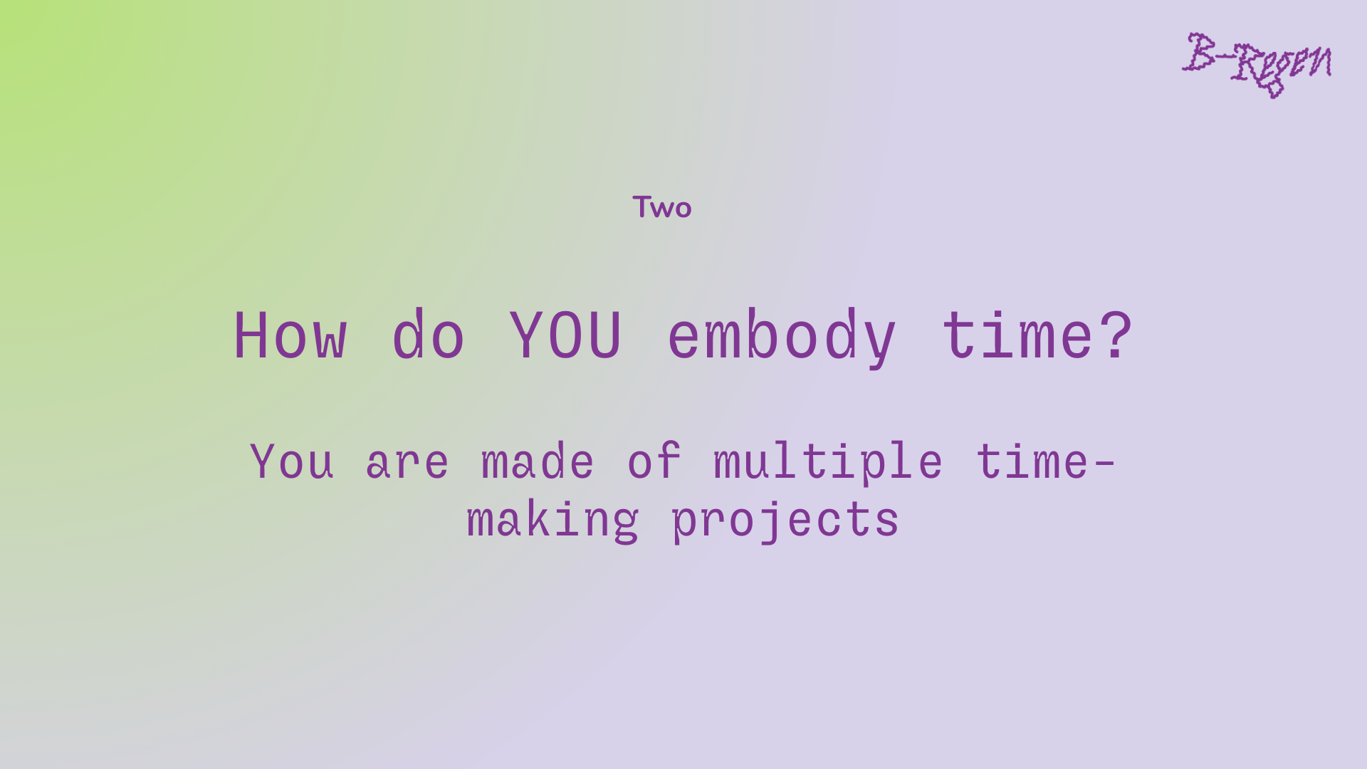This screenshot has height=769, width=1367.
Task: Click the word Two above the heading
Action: [x=661, y=207]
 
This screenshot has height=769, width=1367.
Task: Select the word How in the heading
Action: [x=290, y=335]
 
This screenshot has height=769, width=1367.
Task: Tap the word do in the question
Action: [x=429, y=333]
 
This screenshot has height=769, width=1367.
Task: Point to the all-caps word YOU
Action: [x=566, y=335]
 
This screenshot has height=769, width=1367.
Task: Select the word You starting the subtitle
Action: [x=292, y=461]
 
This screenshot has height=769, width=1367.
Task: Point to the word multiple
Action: [x=828, y=464]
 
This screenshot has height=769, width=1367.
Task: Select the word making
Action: [x=553, y=520]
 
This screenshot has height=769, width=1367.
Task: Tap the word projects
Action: [x=785, y=520]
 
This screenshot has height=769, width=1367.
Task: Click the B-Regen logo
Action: [x=1257, y=64]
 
